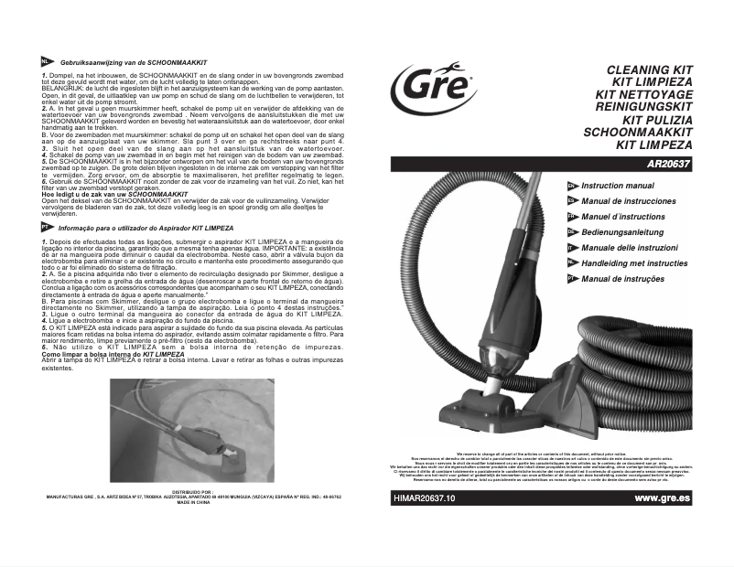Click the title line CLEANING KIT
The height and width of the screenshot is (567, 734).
point(650,70)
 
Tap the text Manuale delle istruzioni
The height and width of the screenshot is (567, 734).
point(630,248)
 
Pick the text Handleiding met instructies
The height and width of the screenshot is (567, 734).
point(634,263)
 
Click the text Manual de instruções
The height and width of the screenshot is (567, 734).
point(623,279)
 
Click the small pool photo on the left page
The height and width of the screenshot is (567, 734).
point(186,429)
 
